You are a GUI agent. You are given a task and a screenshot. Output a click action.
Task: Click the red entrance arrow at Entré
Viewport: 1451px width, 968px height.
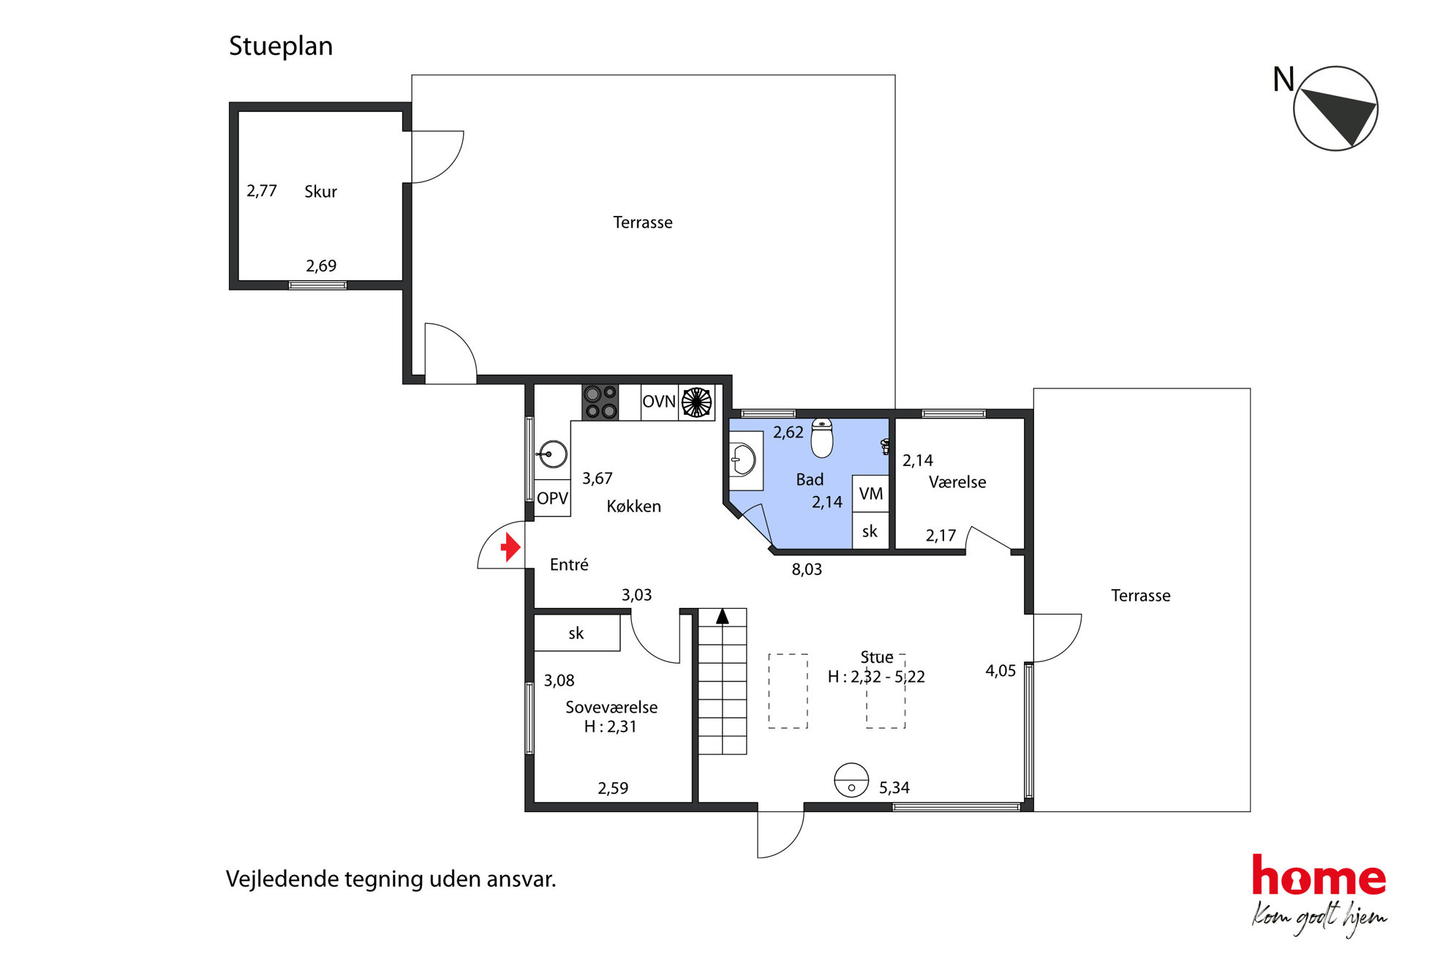(x=510, y=547)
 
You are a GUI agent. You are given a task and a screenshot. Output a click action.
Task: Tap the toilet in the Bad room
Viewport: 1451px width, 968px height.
(x=822, y=438)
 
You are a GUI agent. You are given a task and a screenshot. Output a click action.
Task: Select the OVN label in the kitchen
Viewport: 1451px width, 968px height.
(x=658, y=402)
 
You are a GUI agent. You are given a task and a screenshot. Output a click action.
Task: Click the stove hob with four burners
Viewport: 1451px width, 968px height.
(x=600, y=402)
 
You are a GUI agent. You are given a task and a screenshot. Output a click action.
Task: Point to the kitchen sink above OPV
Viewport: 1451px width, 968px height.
(x=552, y=454)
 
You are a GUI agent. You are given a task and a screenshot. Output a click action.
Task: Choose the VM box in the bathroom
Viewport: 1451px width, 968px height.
(x=870, y=494)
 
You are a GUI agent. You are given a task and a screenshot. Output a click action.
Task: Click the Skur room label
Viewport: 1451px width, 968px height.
(x=320, y=192)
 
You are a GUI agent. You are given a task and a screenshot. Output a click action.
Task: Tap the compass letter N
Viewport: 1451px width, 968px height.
(x=1284, y=79)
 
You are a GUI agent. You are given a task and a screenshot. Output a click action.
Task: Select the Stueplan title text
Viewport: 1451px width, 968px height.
(x=281, y=46)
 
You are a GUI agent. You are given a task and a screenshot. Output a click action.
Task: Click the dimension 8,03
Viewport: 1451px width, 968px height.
(x=807, y=569)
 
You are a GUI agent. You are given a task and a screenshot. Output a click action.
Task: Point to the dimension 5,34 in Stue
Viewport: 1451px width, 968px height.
(x=894, y=788)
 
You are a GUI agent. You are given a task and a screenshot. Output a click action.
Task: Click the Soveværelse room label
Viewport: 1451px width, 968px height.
(x=611, y=708)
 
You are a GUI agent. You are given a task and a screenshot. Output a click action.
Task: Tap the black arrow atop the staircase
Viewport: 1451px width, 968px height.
(x=723, y=616)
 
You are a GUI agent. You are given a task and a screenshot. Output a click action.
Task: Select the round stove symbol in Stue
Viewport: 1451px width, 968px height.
(x=851, y=780)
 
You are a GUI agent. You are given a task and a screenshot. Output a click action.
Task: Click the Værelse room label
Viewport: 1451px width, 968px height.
(x=957, y=482)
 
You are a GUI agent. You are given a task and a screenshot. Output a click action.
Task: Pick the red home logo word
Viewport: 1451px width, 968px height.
(x=1319, y=875)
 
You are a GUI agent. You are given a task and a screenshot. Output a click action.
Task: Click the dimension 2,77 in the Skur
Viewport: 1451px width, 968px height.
(x=261, y=191)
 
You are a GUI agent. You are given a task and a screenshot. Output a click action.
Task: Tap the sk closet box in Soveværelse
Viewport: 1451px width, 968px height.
(x=577, y=633)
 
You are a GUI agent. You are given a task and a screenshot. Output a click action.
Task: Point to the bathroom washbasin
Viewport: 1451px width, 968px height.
(x=744, y=461)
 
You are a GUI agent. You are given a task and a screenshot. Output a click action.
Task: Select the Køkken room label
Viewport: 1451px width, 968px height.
(x=633, y=506)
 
